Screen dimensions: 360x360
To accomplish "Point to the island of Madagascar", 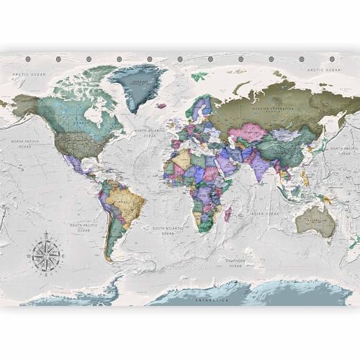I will [x=228, y=213].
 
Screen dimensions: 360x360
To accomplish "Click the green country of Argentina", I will [x=111, y=234].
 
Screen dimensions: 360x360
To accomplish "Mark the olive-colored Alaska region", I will [x=24, y=105].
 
